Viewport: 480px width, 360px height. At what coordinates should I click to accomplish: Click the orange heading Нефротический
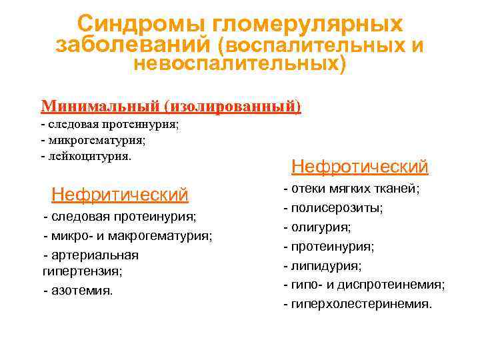pyautogui.click(x=360, y=166)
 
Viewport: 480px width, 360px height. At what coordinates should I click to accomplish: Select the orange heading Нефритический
pyautogui.click(x=120, y=195)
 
